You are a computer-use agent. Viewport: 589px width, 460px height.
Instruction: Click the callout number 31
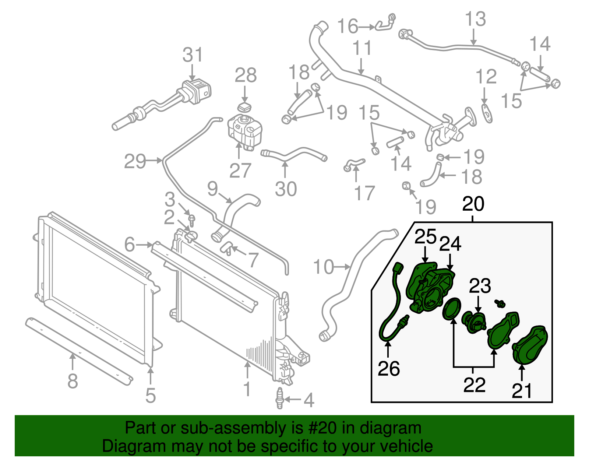point(193,55)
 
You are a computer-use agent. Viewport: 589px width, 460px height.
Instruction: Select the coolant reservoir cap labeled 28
point(244,108)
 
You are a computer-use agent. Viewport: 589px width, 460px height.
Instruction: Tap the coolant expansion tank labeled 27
point(245,131)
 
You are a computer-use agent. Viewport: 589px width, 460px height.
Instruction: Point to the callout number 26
point(389,369)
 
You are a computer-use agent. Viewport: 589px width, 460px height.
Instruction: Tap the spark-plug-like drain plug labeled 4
point(280,398)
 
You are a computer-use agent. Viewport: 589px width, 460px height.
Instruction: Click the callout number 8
point(73,381)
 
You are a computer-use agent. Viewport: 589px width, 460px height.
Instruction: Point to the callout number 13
point(475,19)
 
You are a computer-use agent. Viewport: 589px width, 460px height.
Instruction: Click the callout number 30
point(286,189)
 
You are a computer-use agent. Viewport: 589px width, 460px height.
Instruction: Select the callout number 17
point(364,193)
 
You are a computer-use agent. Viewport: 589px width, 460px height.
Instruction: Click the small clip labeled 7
point(226,248)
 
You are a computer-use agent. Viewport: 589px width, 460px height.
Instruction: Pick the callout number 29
point(135,161)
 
